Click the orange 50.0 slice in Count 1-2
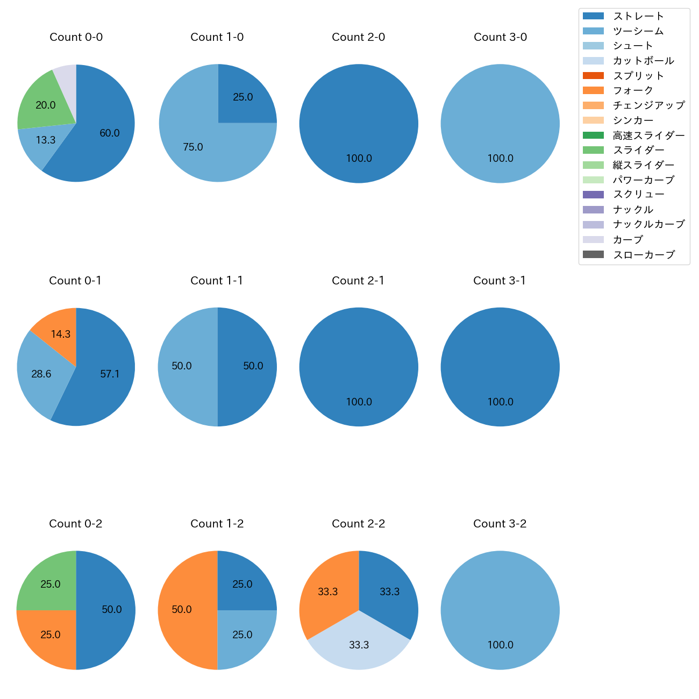[x=183, y=610]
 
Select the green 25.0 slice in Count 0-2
[x=49, y=584]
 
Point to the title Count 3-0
[x=500, y=37]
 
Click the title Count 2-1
[x=358, y=281]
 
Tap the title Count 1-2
[x=217, y=524]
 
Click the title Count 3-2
[x=500, y=524]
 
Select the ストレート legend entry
[x=638, y=16]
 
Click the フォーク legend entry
[x=633, y=90]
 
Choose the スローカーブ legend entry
[x=644, y=255]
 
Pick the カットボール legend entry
[x=643, y=61]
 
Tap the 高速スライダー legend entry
[x=648, y=135]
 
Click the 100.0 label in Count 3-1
[x=500, y=402]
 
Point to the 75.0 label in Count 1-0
[x=192, y=147]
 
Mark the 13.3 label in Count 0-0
[x=46, y=140]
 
